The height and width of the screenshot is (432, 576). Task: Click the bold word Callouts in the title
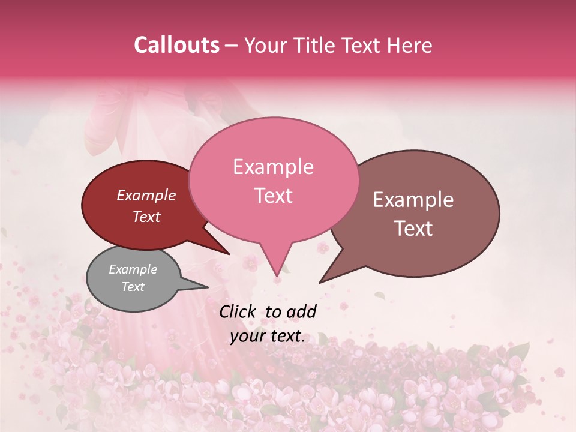coord(176,45)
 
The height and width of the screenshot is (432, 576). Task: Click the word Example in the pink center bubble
coord(273,167)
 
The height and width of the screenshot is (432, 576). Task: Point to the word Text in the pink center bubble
coord(273,196)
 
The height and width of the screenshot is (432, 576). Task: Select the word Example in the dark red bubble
coord(146,195)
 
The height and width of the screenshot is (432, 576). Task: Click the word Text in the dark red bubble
coord(146,217)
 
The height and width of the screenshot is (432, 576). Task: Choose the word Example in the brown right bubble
coord(413,200)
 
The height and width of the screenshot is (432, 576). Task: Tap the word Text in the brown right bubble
coord(413,229)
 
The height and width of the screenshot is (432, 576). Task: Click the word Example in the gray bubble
coord(133,269)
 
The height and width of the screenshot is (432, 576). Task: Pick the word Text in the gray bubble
coord(133,287)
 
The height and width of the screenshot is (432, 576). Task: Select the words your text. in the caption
coord(268,337)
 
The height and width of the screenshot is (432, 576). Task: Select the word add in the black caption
coord(302,311)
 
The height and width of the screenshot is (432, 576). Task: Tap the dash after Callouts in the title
coord(232,45)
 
